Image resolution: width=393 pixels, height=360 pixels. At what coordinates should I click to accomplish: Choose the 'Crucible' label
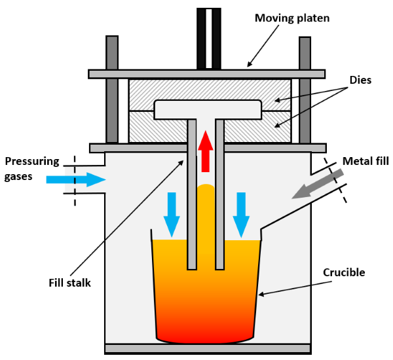tap(344, 272)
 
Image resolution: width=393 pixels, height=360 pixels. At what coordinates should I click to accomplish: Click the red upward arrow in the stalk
tap(206, 151)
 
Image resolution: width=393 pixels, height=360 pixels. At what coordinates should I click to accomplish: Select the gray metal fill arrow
tap(314, 184)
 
